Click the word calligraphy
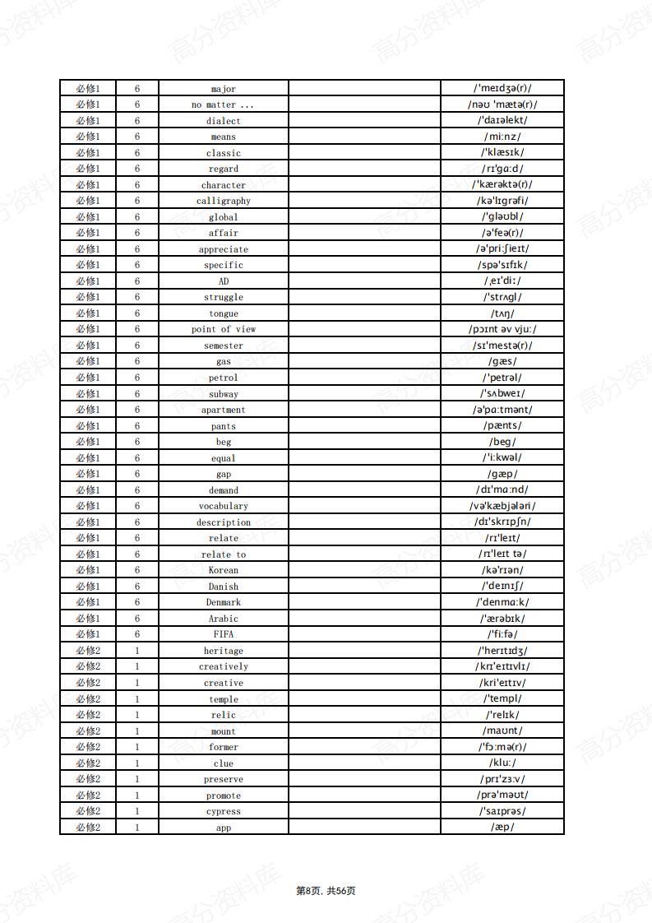point(223,202)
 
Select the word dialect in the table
point(223,121)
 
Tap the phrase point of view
point(223,330)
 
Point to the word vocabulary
point(223,507)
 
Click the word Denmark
point(223,603)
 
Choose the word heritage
point(223,652)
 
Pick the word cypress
point(223,812)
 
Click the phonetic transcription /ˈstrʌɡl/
point(502,297)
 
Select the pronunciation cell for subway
point(502,393)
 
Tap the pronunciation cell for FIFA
point(502,634)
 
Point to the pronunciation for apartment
point(502,410)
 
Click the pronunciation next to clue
point(502,763)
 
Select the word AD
point(223,281)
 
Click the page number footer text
point(326,891)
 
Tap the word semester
point(223,346)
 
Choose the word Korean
point(223,571)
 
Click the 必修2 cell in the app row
point(88,828)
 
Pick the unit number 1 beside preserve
point(137,779)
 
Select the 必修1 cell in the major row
point(88,89)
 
